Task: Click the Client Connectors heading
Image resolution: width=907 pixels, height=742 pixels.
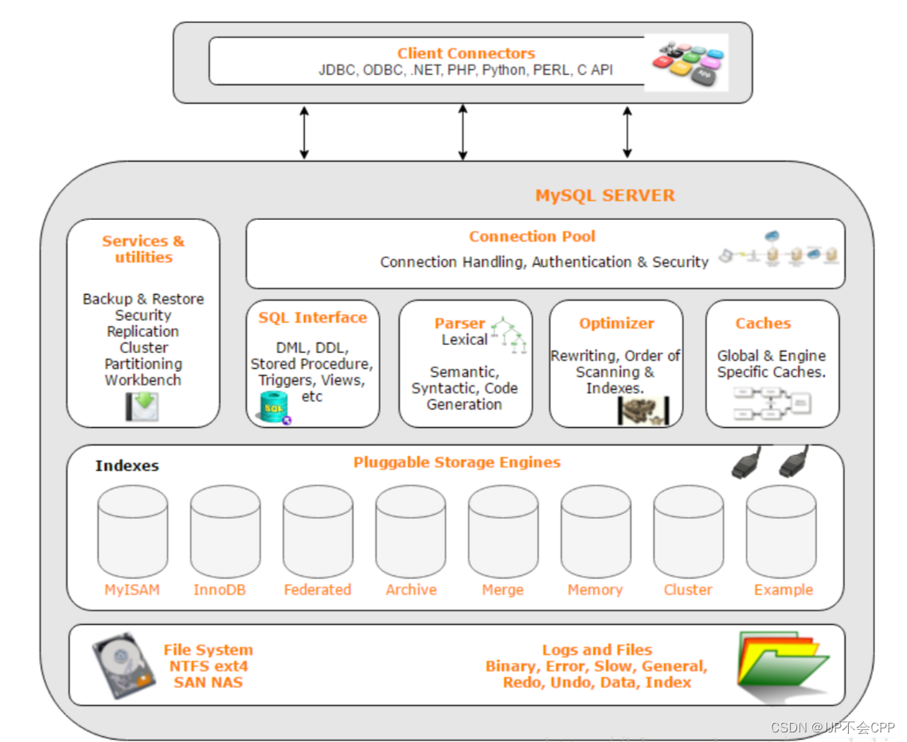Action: [x=466, y=53]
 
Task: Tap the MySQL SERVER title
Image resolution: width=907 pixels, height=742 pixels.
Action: [x=604, y=195]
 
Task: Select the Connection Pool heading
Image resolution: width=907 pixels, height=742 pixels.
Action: [x=532, y=236]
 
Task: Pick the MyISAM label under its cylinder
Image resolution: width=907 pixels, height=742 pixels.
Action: [x=132, y=590]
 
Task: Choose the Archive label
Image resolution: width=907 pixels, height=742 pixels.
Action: [x=411, y=590]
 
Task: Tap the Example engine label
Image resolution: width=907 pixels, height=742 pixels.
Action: [x=784, y=590]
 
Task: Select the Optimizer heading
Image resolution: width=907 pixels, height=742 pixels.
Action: [x=616, y=323]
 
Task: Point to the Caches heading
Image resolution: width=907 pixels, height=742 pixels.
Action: [x=763, y=323]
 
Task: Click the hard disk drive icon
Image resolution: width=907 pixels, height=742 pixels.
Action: [x=121, y=665]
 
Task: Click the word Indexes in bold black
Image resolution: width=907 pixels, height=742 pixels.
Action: [x=127, y=465]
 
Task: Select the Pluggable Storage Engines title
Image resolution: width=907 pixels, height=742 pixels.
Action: [x=457, y=462]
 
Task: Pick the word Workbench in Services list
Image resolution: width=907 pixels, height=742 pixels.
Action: [x=143, y=380]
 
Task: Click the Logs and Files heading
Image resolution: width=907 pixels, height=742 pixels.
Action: [x=597, y=650]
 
